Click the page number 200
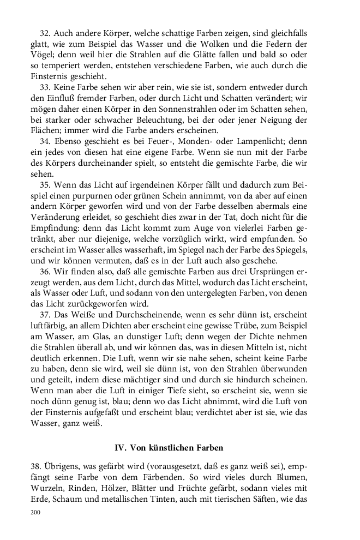tap(36, 513)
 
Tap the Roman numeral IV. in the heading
tap(121, 448)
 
